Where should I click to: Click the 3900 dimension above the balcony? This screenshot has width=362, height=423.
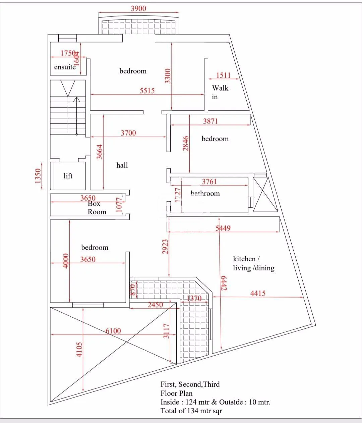pos(138,8)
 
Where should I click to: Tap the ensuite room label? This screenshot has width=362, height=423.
pos(65,67)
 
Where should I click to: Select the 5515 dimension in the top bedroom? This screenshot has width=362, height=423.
pos(147,91)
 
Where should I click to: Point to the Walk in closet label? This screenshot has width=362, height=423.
pos(220,92)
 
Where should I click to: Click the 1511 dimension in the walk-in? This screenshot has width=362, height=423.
pos(223,75)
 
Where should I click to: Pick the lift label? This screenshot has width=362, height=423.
pos(68,176)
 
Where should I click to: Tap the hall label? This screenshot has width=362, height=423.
pos(122,165)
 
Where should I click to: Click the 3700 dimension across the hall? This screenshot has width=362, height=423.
pos(128,133)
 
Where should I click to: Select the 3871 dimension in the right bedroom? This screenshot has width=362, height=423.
pos(210,121)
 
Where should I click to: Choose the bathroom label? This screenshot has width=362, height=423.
pos(205,194)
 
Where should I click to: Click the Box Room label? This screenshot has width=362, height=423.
pos(97,208)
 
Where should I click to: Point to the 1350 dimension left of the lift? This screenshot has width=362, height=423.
pos(38,176)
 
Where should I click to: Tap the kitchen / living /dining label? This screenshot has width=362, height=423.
pos(253,263)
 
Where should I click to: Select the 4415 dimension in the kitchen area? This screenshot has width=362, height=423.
pos(258,293)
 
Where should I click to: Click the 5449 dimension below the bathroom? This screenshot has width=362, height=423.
pos(223,228)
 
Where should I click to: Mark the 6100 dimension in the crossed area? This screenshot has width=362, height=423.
pos(113,331)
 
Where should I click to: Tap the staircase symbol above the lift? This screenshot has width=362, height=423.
pos(68,107)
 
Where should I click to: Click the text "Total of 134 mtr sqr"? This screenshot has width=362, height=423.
pos(191,411)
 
